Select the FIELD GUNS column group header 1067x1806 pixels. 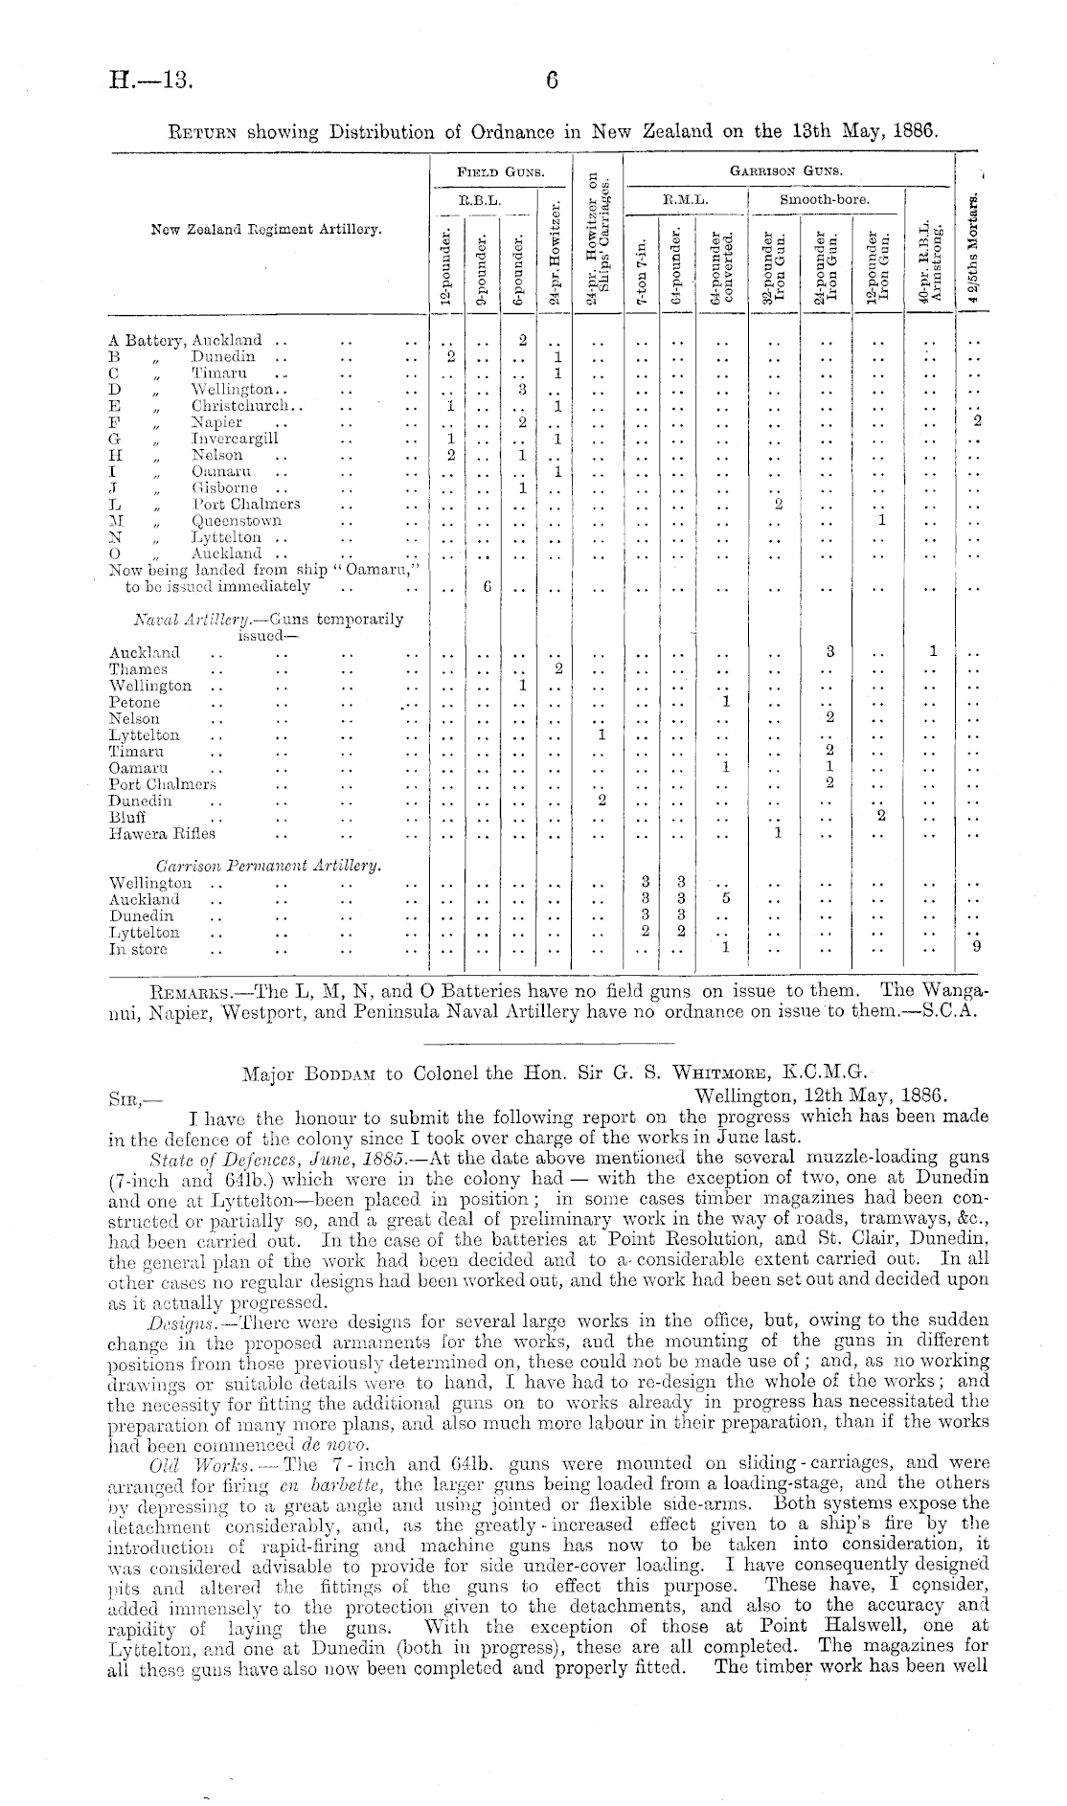click(500, 172)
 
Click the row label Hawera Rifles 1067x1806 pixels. click(162, 833)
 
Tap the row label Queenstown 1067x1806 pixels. click(237, 521)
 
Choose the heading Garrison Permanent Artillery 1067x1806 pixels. click(269, 866)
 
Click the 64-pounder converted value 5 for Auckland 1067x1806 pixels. click(726, 899)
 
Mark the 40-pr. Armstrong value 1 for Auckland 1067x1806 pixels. click(931, 652)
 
